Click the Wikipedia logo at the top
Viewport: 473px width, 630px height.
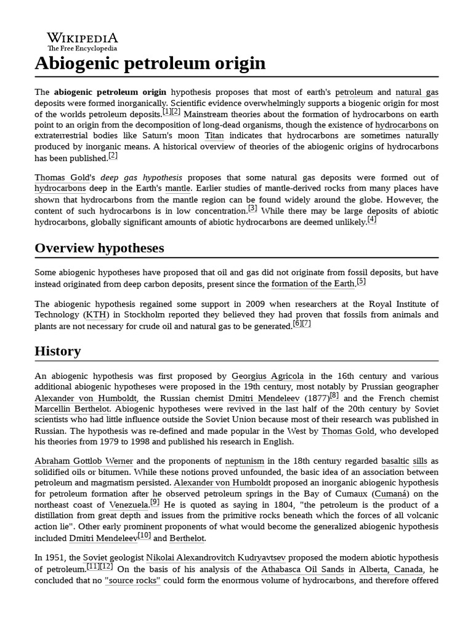point(82,41)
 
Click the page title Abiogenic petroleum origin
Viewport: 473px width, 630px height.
point(150,63)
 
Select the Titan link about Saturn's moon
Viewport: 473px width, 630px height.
point(214,135)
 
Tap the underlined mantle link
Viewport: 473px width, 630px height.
point(178,188)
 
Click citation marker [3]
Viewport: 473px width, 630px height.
point(253,209)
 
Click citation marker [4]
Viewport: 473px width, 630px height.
point(371,220)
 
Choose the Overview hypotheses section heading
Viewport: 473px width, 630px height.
point(99,247)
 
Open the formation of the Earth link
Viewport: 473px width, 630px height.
point(313,284)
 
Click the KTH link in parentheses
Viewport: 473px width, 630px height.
point(95,315)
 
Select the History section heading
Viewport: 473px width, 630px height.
point(58,351)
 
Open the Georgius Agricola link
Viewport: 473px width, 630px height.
point(267,376)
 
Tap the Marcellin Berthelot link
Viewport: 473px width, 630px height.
point(73,409)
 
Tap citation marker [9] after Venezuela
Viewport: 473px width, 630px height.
point(155,503)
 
